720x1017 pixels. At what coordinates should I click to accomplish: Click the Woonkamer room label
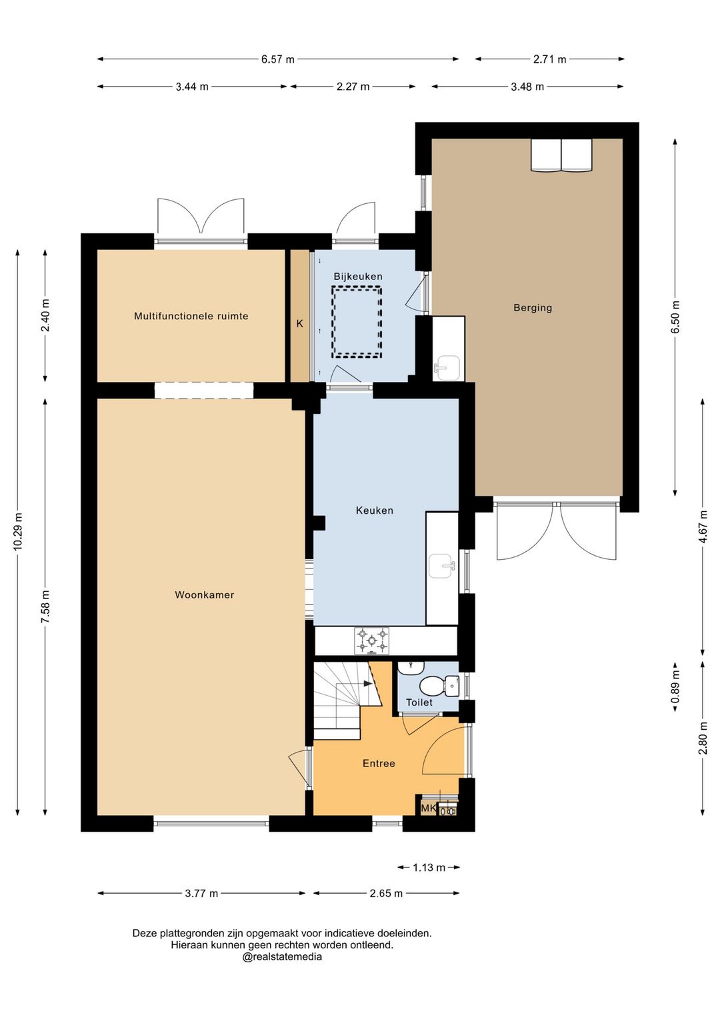pos(205,594)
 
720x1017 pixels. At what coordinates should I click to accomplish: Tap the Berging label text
pos(533,308)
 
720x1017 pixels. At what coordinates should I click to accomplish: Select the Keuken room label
pos(374,510)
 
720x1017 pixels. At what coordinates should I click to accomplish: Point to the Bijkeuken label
pos(358,277)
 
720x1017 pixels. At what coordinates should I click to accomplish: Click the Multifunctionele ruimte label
pos(191,316)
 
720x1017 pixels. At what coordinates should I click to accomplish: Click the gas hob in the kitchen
pos(372,641)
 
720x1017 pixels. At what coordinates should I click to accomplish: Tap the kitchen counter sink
pos(441,566)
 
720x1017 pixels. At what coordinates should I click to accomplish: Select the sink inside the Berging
pos(447,365)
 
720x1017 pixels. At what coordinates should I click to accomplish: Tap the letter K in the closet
pos(300,324)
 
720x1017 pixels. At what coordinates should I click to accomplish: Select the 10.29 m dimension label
pos(18,531)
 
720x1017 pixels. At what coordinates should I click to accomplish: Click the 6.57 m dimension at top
pos(277,59)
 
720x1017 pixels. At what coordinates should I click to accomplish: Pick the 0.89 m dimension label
pos(675,686)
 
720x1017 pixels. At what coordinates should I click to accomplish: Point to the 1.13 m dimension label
pos(429,868)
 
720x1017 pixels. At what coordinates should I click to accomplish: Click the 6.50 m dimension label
pos(675,317)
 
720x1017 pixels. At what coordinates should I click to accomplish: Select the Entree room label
pos(379,764)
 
